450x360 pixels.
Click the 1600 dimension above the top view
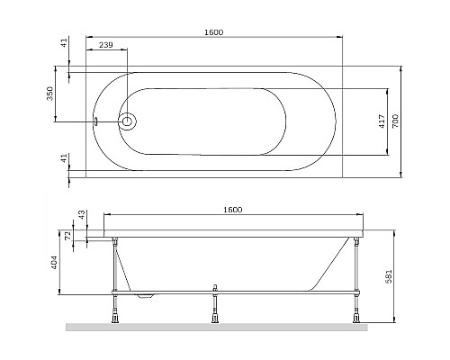(213, 32)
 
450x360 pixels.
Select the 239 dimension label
(105, 44)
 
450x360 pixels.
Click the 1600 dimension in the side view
(232, 209)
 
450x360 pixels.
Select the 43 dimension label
(80, 217)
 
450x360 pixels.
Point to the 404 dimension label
(54, 263)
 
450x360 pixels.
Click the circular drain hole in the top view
(127, 120)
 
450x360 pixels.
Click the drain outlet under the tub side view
(143, 293)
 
